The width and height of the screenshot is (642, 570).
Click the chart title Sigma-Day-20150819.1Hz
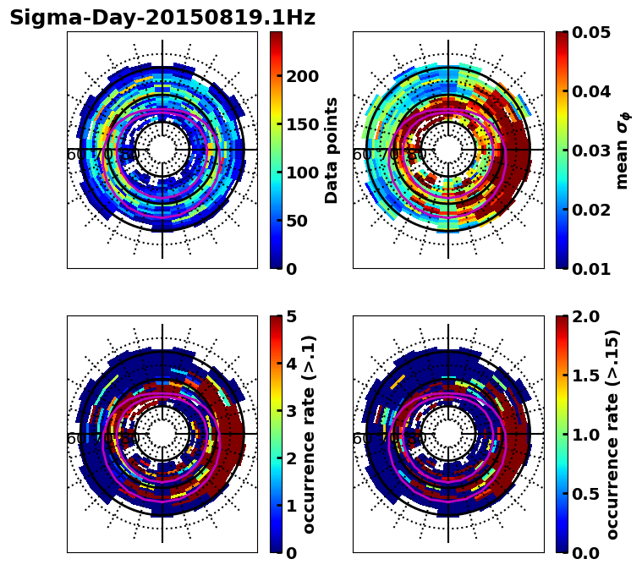pyautogui.click(x=162, y=18)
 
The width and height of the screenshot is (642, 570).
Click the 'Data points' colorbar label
pyautogui.click(x=332, y=151)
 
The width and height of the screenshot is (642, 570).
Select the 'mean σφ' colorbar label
pyautogui.click(x=623, y=151)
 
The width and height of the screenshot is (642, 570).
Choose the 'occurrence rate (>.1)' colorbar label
pyautogui.click(x=310, y=435)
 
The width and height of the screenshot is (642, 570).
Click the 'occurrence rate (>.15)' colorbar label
pyautogui.click(x=613, y=435)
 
